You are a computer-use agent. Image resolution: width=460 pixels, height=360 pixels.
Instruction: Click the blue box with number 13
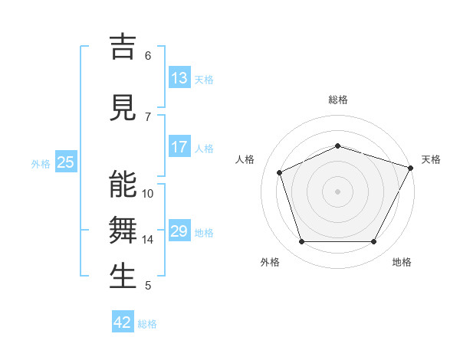point(179,78)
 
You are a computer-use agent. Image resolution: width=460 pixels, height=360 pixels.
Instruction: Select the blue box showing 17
point(179,147)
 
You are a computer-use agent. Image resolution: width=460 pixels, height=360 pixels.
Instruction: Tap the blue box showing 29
point(179,231)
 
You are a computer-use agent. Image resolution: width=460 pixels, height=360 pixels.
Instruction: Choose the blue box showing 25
point(65,162)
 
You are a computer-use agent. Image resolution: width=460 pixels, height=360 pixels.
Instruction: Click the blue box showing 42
point(123,322)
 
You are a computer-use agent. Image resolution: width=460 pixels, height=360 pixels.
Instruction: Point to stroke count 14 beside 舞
point(148,240)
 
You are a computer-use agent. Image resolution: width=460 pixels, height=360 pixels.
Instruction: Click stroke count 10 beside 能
point(148,194)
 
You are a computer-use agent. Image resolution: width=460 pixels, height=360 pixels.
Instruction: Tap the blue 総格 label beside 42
point(148,324)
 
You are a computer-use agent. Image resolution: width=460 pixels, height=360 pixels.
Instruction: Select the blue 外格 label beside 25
point(41,163)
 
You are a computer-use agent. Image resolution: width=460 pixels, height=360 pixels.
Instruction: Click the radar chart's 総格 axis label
point(337,100)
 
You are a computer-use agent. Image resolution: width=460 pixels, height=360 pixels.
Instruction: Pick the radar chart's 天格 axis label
point(431,159)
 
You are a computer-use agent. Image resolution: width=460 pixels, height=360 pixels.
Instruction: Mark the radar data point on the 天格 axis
point(412,168)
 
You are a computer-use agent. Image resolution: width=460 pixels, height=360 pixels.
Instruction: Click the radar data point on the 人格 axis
point(280,172)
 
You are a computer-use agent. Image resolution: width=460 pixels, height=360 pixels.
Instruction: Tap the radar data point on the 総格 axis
point(337,146)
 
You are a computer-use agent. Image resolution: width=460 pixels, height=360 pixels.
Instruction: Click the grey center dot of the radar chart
point(337,191)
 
